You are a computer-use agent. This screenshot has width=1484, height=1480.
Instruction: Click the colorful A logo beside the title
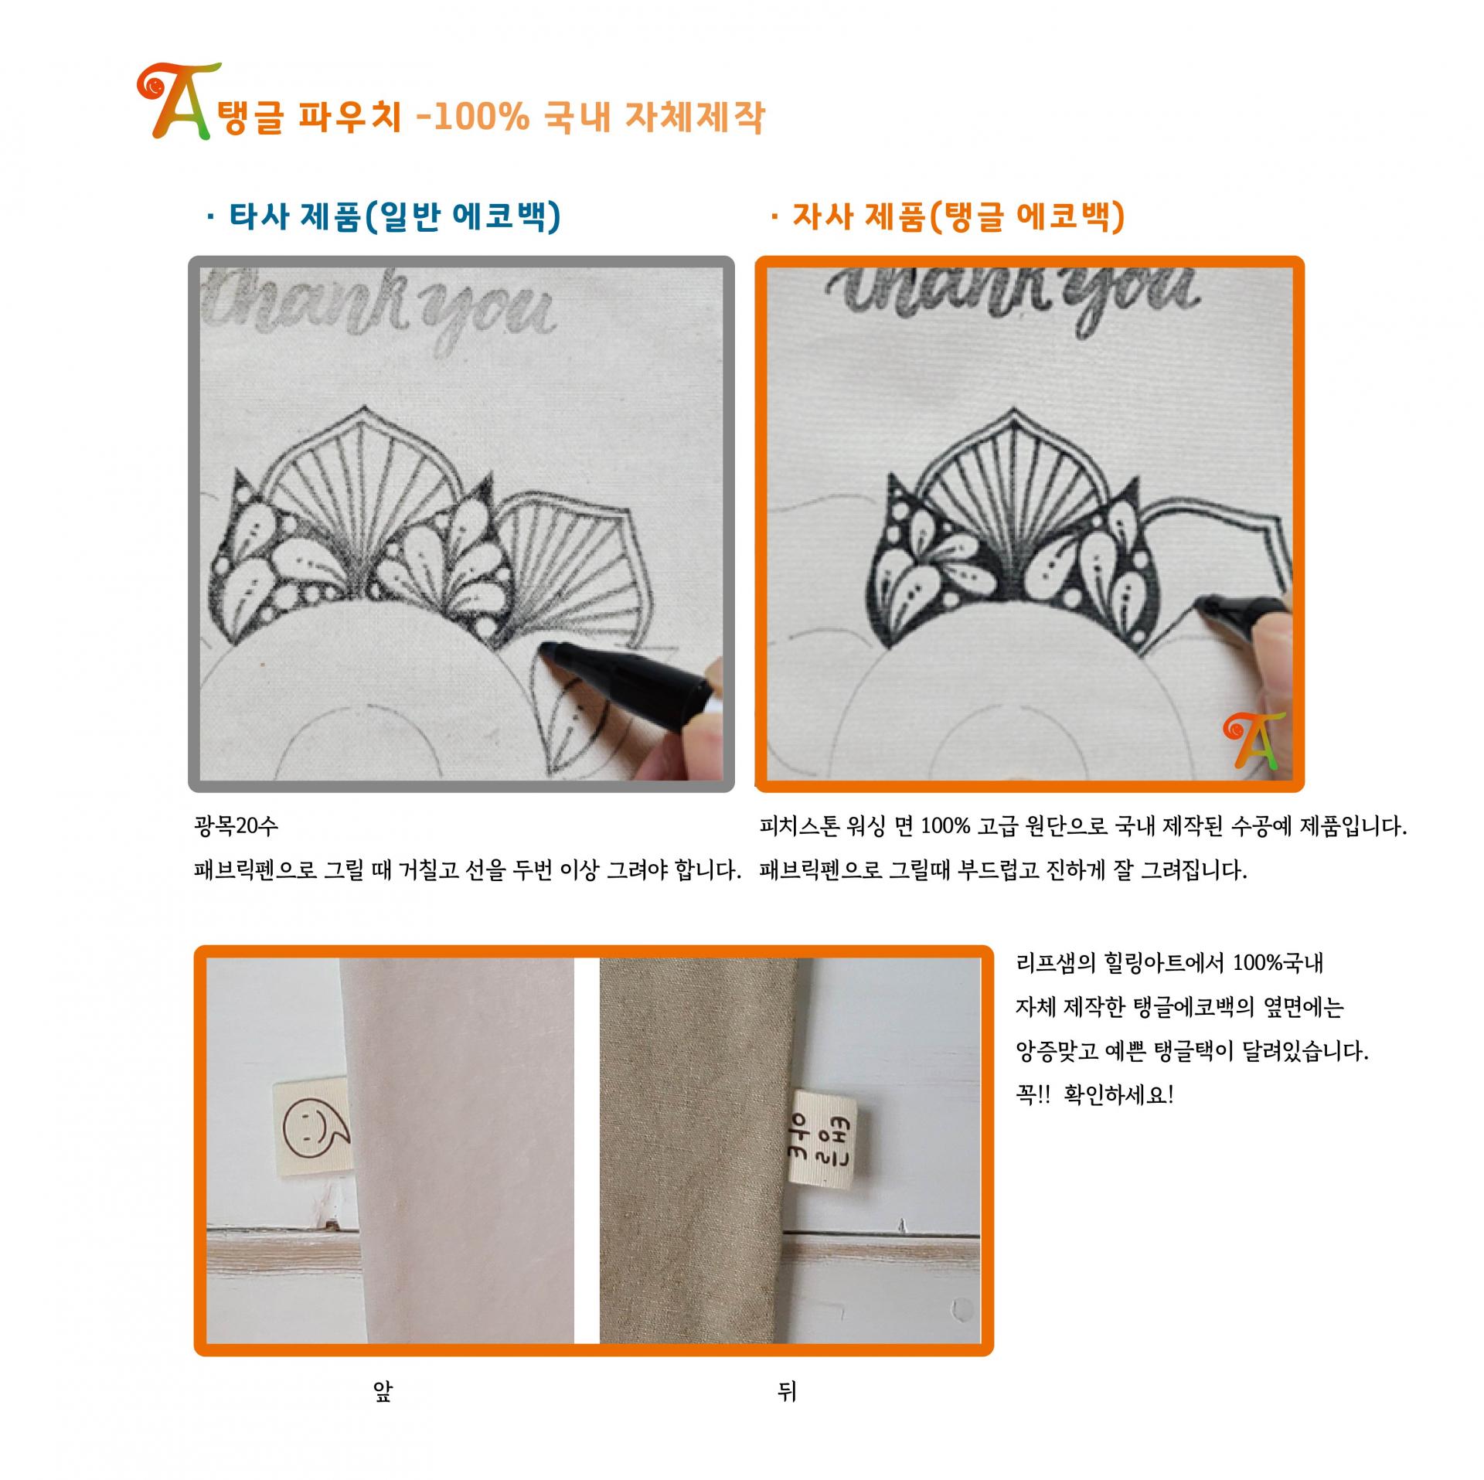pyautogui.click(x=172, y=102)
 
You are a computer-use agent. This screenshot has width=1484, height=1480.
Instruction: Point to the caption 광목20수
pyautogui.click(x=235, y=826)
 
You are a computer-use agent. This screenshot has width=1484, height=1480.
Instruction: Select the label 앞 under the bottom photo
pyautogui.click(x=383, y=1392)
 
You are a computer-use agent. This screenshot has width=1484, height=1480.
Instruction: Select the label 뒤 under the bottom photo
pyautogui.click(x=787, y=1392)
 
